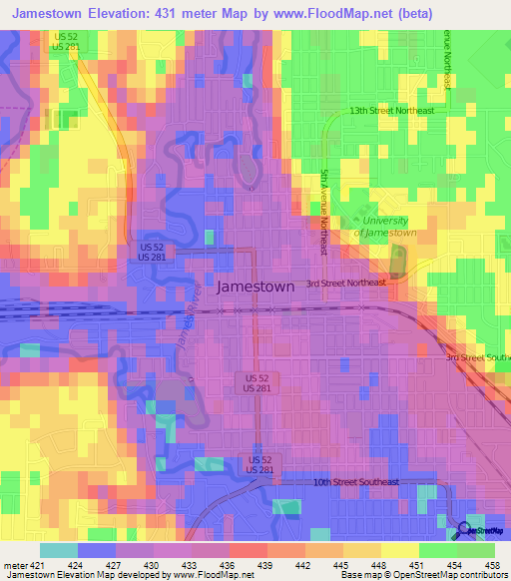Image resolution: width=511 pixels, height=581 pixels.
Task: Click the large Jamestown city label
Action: click(255, 287)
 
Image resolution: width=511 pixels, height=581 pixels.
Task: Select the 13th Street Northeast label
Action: click(391, 111)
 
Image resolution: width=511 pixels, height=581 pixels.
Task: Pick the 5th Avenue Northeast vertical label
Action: click(323, 197)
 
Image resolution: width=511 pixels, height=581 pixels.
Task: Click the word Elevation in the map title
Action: click(122, 14)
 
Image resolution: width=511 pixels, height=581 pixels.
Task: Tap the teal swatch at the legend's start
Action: click(59, 551)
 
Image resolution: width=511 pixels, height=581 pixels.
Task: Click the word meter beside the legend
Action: click(13, 566)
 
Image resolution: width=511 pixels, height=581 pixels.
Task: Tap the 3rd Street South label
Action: click(477, 356)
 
